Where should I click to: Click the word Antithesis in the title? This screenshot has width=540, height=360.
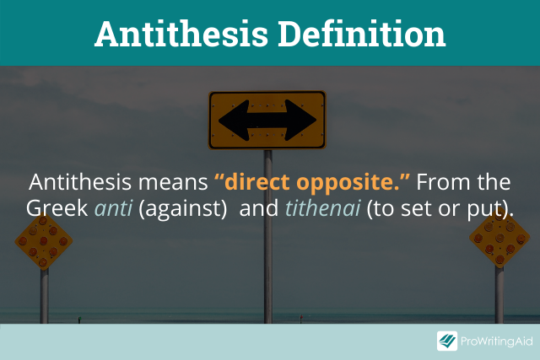pos(181,34)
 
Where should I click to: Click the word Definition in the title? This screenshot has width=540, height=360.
pos(362,34)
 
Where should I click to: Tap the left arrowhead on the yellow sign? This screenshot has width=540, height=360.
pos(235,121)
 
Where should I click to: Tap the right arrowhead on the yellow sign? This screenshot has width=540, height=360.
pos(300,121)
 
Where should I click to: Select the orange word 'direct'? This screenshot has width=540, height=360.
pos(256,182)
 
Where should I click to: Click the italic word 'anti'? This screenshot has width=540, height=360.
pos(114,208)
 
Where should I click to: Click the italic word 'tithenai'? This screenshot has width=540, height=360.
pos(322,208)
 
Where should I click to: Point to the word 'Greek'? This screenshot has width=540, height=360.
pos(57,208)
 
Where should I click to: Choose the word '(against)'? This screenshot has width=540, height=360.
pos(182,209)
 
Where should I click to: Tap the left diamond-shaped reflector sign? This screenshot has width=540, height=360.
pos(43,241)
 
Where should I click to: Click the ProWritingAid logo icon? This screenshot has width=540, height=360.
pos(447,341)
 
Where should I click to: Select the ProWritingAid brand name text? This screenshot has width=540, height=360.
pos(497,341)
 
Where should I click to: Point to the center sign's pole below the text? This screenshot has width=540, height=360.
pos(268,271)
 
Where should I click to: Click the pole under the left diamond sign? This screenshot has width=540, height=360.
pos(44,296)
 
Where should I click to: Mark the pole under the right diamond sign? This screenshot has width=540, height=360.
pos(499,295)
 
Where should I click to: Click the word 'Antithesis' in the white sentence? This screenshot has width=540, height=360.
pos(80,182)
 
